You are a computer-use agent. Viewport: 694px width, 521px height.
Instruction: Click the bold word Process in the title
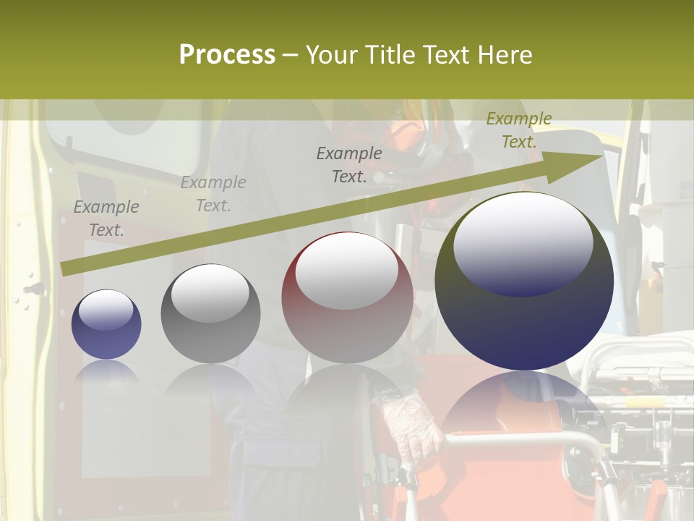(x=227, y=55)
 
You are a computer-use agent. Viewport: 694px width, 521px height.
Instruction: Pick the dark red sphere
(x=347, y=318)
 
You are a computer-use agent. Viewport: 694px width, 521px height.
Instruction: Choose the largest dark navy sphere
(x=524, y=326)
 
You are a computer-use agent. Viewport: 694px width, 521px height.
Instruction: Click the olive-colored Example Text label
(x=518, y=130)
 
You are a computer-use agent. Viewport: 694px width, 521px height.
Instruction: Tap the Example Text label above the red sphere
(x=349, y=165)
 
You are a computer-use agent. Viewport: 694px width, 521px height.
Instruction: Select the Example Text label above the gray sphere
(x=213, y=194)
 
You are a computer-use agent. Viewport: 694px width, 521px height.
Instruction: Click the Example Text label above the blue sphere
(x=106, y=219)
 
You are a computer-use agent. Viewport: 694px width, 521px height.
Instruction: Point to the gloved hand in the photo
(x=410, y=427)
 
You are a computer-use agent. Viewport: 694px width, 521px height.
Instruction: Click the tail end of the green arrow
(x=65, y=268)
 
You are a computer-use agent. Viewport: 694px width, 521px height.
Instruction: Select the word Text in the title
(x=444, y=55)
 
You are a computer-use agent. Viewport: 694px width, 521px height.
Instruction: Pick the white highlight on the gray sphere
(x=210, y=293)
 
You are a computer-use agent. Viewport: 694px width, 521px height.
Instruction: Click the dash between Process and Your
(x=291, y=56)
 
